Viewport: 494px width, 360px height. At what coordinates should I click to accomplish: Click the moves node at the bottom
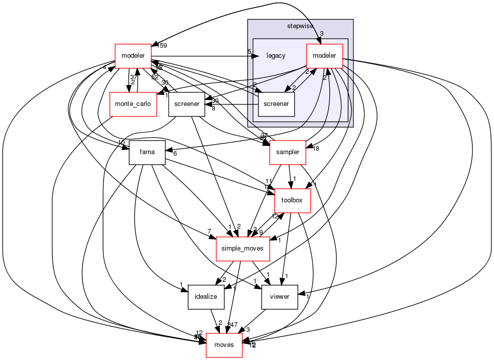click(x=224, y=345)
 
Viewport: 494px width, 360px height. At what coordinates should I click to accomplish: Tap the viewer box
click(x=280, y=296)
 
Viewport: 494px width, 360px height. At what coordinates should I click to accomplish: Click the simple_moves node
click(x=242, y=249)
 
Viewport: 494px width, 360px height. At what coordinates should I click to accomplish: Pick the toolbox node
click(x=292, y=200)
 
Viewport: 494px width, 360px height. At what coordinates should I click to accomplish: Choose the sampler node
click(x=288, y=152)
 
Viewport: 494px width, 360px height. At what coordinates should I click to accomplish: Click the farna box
click(x=147, y=152)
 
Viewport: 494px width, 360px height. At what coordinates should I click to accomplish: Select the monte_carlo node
click(x=133, y=104)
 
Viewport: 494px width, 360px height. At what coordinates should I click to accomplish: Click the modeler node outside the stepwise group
click(x=133, y=56)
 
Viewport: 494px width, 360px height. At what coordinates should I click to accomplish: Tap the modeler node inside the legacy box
click(x=324, y=56)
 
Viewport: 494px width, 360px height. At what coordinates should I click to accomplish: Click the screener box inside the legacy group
click(x=276, y=104)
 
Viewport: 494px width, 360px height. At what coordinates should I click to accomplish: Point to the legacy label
click(x=276, y=56)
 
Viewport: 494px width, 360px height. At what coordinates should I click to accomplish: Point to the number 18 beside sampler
click(x=316, y=149)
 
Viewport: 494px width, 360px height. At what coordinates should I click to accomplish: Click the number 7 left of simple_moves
click(x=209, y=231)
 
